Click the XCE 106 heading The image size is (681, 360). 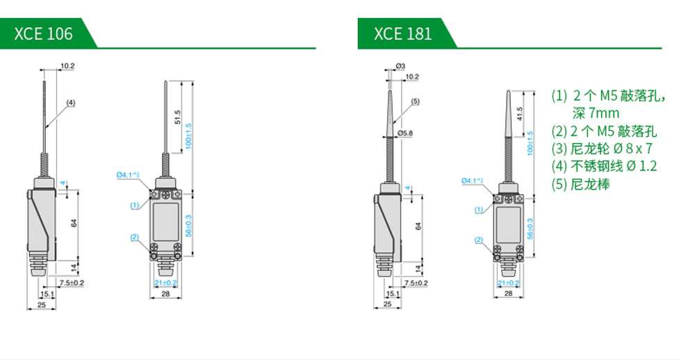(x=43, y=33)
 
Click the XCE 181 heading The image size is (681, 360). (x=402, y=33)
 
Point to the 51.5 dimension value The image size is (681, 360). (x=178, y=116)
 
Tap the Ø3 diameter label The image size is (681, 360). (x=400, y=66)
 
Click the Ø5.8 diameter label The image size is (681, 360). (x=405, y=133)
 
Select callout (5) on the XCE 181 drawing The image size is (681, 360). (x=415, y=101)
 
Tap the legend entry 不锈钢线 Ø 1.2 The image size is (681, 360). (x=604, y=166)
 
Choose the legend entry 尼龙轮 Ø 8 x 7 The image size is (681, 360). (x=602, y=148)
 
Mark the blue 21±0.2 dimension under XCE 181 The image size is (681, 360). (x=508, y=283)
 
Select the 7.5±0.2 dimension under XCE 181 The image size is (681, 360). (x=415, y=283)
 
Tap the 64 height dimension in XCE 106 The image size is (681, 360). (x=72, y=224)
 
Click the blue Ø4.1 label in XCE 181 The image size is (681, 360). (x=472, y=181)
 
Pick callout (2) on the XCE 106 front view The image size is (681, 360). (x=135, y=238)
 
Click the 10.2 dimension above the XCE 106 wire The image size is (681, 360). (x=67, y=66)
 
